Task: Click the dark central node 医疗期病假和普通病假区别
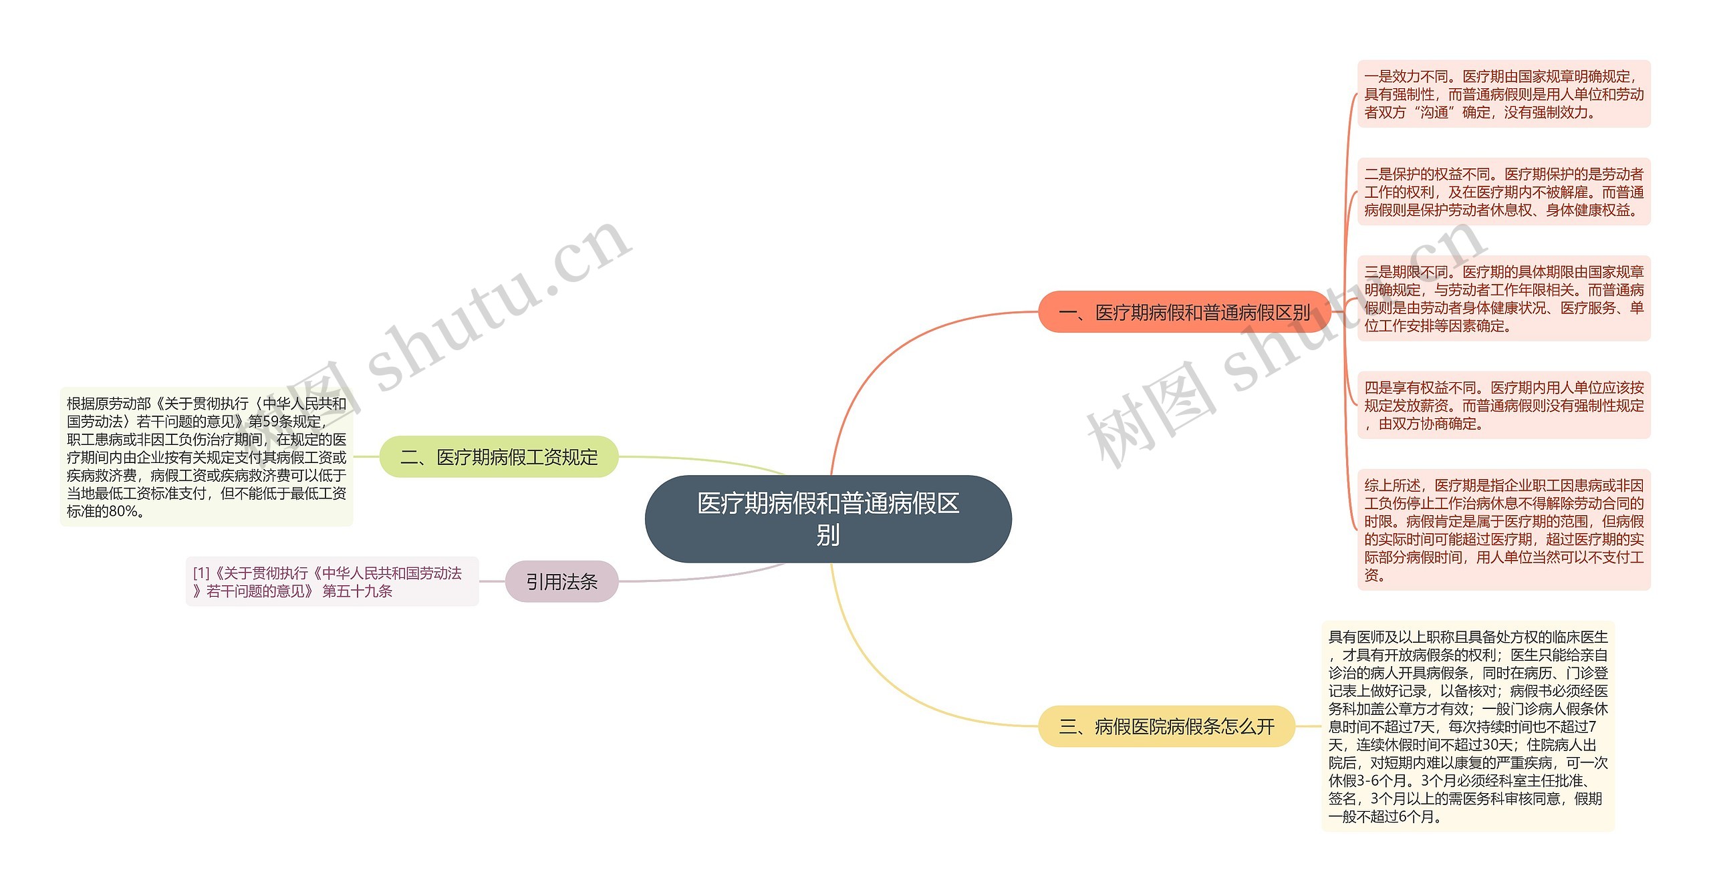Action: coord(827,518)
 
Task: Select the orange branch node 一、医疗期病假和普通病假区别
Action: coord(1184,312)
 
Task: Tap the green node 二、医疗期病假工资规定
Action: coord(499,457)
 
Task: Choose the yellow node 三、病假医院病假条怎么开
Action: coord(1166,726)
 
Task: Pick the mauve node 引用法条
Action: coord(561,582)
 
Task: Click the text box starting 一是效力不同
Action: coord(1504,94)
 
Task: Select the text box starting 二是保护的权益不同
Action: coord(1504,192)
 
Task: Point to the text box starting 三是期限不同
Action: coord(1504,299)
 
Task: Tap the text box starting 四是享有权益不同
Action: coord(1504,405)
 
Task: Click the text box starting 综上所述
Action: coord(1504,530)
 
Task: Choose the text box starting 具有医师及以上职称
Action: coord(1468,726)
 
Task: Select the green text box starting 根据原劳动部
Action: coord(207,457)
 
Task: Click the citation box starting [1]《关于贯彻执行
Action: coord(332,582)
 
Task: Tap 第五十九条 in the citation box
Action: coord(358,591)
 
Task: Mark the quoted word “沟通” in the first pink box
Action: coord(1434,113)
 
